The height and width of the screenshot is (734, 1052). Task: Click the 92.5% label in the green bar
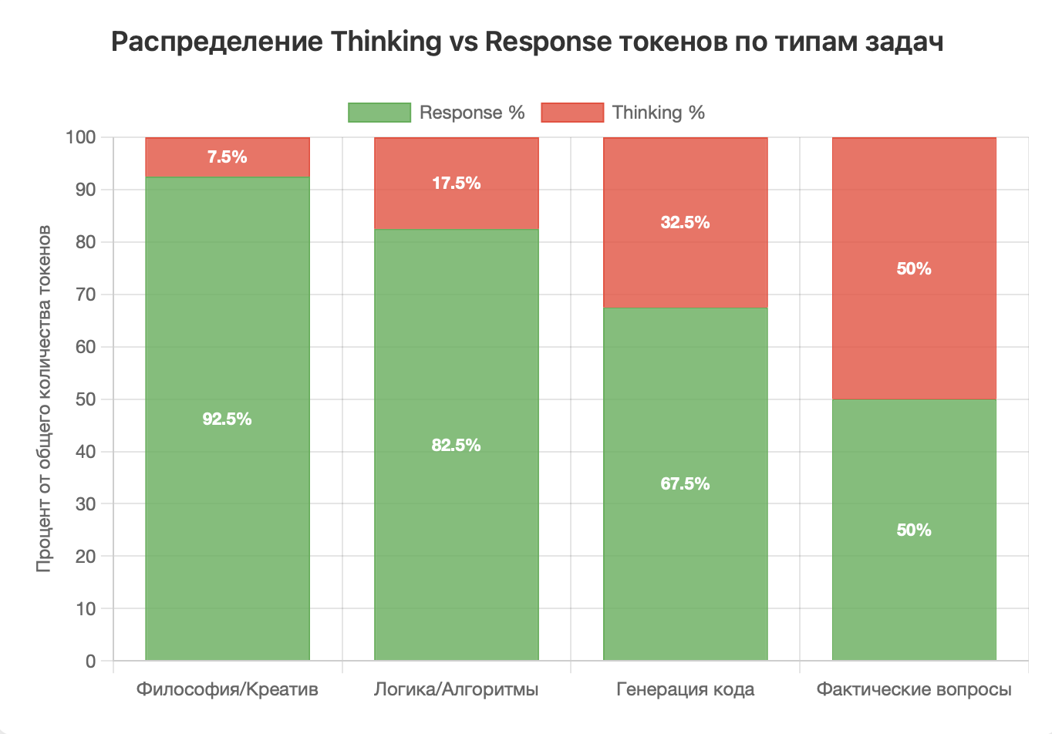click(x=227, y=419)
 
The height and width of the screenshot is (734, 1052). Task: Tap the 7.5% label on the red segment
click(x=227, y=157)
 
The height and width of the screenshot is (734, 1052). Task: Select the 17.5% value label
click(x=456, y=183)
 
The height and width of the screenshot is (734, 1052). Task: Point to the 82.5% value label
click(x=456, y=445)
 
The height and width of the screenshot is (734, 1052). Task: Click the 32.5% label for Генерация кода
click(x=685, y=222)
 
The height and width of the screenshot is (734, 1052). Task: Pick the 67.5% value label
click(x=685, y=483)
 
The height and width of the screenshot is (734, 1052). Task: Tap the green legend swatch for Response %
click(x=379, y=113)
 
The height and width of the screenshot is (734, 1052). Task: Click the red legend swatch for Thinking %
click(x=572, y=113)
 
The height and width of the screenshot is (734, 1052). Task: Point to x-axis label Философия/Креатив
click(x=227, y=689)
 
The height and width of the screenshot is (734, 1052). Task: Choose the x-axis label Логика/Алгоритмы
click(x=456, y=689)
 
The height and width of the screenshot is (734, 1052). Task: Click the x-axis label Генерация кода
click(x=685, y=689)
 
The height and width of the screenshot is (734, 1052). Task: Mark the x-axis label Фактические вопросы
click(x=914, y=689)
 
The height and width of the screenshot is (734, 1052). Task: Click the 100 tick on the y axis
click(x=80, y=137)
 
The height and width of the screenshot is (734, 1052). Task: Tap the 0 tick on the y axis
click(x=91, y=661)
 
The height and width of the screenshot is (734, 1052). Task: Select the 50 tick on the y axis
click(x=86, y=399)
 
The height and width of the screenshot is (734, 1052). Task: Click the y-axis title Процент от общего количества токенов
click(x=44, y=399)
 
